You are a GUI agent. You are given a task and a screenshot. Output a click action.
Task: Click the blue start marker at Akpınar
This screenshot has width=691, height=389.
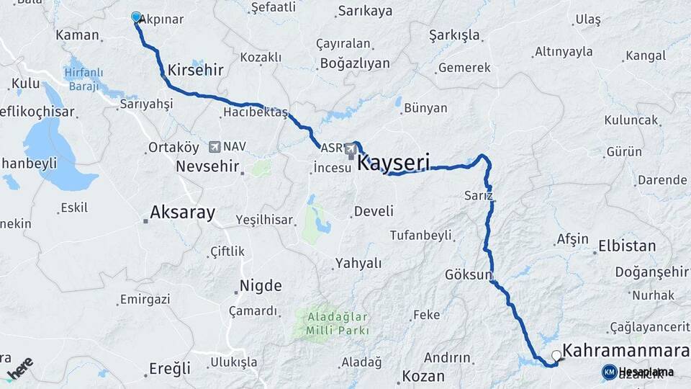click(x=136, y=17)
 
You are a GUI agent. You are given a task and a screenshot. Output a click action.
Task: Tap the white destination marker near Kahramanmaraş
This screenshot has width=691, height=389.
click(x=556, y=355)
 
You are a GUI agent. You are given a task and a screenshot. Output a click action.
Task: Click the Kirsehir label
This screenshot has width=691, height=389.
click(x=195, y=70)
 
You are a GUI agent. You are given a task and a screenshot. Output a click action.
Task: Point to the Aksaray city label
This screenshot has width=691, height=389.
click(x=182, y=213)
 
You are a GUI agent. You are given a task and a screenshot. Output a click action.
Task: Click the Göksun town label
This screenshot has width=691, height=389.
click(x=468, y=275)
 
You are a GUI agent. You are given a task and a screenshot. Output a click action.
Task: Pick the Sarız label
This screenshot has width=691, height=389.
click(x=479, y=195)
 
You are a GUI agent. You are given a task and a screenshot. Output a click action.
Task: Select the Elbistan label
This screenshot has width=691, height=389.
click(x=627, y=246)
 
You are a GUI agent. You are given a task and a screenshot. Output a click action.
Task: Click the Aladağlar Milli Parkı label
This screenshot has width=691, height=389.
click(x=338, y=323)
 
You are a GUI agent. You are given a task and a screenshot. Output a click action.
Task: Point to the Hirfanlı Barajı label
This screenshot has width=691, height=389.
click(x=83, y=79)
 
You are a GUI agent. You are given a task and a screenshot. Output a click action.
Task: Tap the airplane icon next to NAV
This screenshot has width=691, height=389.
click(x=214, y=147)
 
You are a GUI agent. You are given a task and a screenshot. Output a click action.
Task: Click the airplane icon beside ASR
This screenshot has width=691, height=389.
click(x=351, y=149)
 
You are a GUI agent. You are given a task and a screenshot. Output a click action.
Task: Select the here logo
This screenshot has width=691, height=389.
click(x=19, y=368)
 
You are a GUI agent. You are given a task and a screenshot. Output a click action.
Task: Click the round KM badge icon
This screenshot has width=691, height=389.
click(x=609, y=372)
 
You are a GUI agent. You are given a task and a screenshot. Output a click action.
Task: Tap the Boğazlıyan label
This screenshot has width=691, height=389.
click(x=355, y=63)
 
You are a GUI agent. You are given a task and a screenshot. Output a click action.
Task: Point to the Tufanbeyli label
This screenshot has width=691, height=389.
click(x=420, y=236)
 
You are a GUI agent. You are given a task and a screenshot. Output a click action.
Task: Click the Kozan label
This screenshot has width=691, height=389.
click(x=424, y=376)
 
